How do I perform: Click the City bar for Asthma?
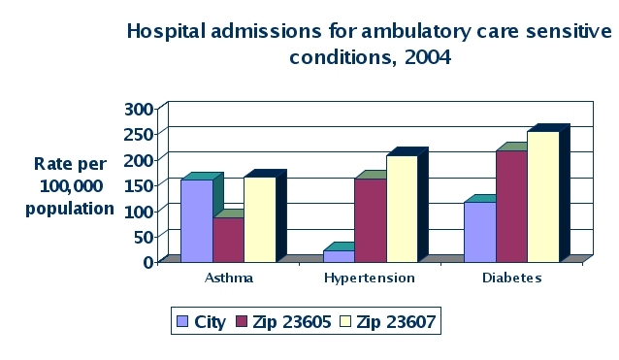[197, 220]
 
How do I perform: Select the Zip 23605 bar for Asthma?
[229, 240]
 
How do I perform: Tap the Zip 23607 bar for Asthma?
[260, 219]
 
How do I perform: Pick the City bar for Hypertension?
[339, 256]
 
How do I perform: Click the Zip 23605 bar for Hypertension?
[371, 220]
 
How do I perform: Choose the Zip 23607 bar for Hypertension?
[402, 209]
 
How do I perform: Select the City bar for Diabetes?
[480, 232]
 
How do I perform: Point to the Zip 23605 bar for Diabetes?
[511, 206]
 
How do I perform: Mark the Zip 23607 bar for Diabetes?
[543, 197]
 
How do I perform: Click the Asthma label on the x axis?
[229, 278]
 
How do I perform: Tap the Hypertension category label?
[370, 278]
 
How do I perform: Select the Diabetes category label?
[511, 278]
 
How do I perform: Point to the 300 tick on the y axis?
[139, 110]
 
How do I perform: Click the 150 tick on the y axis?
[139, 185]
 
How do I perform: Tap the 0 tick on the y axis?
[148, 262]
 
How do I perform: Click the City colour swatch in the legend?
[182, 321]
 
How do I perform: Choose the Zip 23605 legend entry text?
[292, 322]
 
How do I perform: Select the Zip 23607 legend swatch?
[345, 321]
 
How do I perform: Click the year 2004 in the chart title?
[428, 57]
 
